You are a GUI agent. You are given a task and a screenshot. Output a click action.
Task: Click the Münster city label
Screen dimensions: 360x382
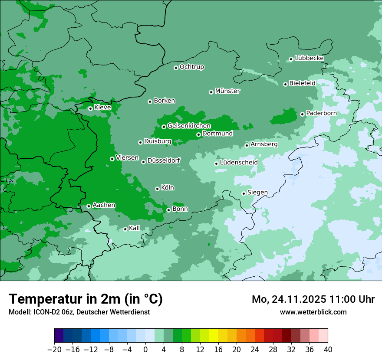(x=227, y=91)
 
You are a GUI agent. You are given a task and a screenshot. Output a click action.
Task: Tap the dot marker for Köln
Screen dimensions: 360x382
(x=157, y=189)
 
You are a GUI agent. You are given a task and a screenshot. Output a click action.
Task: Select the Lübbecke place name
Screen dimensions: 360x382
(x=309, y=58)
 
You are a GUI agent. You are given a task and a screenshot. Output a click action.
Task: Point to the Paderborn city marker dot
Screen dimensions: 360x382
(x=303, y=114)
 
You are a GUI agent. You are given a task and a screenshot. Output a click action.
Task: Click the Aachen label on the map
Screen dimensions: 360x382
(x=104, y=205)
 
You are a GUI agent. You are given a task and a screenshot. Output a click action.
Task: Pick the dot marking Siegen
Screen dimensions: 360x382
(x=244, y=193)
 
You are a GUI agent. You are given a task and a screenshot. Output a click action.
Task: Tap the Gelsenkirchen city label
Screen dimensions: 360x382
(x=189, y=126)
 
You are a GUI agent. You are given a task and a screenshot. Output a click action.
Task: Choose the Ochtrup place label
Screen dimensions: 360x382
(x=192, y=67)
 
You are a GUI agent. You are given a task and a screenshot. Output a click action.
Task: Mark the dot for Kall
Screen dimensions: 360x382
(x=125, y=229)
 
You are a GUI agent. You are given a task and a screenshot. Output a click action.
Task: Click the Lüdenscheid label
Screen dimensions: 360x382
(x=239, y=163)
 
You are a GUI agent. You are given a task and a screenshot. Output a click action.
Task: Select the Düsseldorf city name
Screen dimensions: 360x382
(x=164, y=160)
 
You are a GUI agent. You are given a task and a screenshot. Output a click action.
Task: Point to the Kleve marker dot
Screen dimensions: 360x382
(x=90, y=108)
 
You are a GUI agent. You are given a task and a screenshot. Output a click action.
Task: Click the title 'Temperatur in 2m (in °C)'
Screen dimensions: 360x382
(x=86, y=299)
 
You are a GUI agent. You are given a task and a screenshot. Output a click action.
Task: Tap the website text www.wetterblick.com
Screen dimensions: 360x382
(x=313, y=312)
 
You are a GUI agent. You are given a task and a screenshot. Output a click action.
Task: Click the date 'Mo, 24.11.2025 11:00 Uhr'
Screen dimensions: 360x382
(x=313, y=299)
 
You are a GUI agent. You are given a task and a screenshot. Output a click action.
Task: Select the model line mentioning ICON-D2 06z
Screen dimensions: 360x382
(x=79, y=312)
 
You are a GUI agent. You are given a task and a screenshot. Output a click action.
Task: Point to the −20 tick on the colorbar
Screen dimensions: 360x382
(x=54, y=349)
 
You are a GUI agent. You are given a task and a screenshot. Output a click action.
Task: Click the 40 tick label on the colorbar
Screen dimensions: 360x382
(x=328, y=349)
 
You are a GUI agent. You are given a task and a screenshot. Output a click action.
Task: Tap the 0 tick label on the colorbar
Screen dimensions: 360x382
(x=145, y=349)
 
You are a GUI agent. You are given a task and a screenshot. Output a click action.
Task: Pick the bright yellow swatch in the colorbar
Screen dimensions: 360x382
(x=214, y=336)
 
